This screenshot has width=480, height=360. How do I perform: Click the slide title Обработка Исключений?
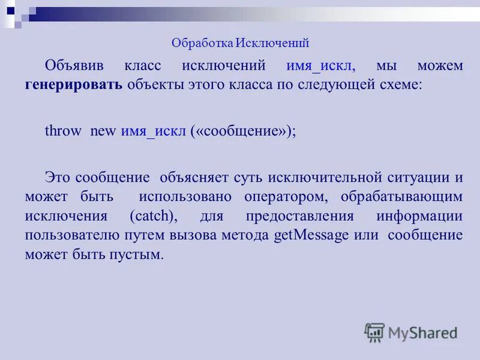tap(240, 43)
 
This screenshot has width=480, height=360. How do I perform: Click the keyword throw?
tap(62, 131)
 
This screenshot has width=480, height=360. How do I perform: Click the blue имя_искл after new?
tap(154, 131)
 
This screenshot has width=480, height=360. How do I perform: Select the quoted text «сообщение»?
tap(242, 131)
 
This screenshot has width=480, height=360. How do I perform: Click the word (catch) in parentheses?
tap(151, 216)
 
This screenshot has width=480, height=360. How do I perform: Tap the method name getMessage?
tap(311, 235)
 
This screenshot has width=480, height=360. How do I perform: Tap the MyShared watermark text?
tap(423, 333)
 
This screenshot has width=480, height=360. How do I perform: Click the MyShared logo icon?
tap(374, 332)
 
